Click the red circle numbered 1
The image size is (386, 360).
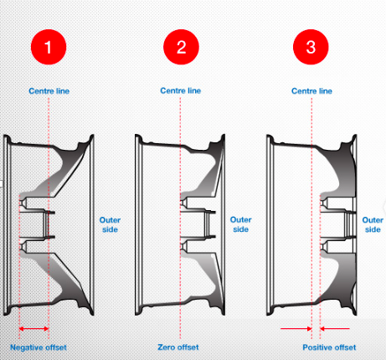pyautogui.click(x=49, y=48)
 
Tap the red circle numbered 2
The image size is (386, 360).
pyautogui.click(x=181, y=48)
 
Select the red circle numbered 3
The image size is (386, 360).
pyautogui.click(x=311, y=48)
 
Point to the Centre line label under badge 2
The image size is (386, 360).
pyautogui.click(x=181, y=90)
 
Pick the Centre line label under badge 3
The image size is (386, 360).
pyautogui.click(x=311, y=90)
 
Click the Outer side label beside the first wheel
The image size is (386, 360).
pyautogui.click(x=110, y=224)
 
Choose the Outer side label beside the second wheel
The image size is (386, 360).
pyautogui.click(x=240, y=224)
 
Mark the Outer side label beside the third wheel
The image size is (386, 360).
pyautogui.click(x=373, y=224)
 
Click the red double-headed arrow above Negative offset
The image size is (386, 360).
pyautogui.click(x=33, y=329)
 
